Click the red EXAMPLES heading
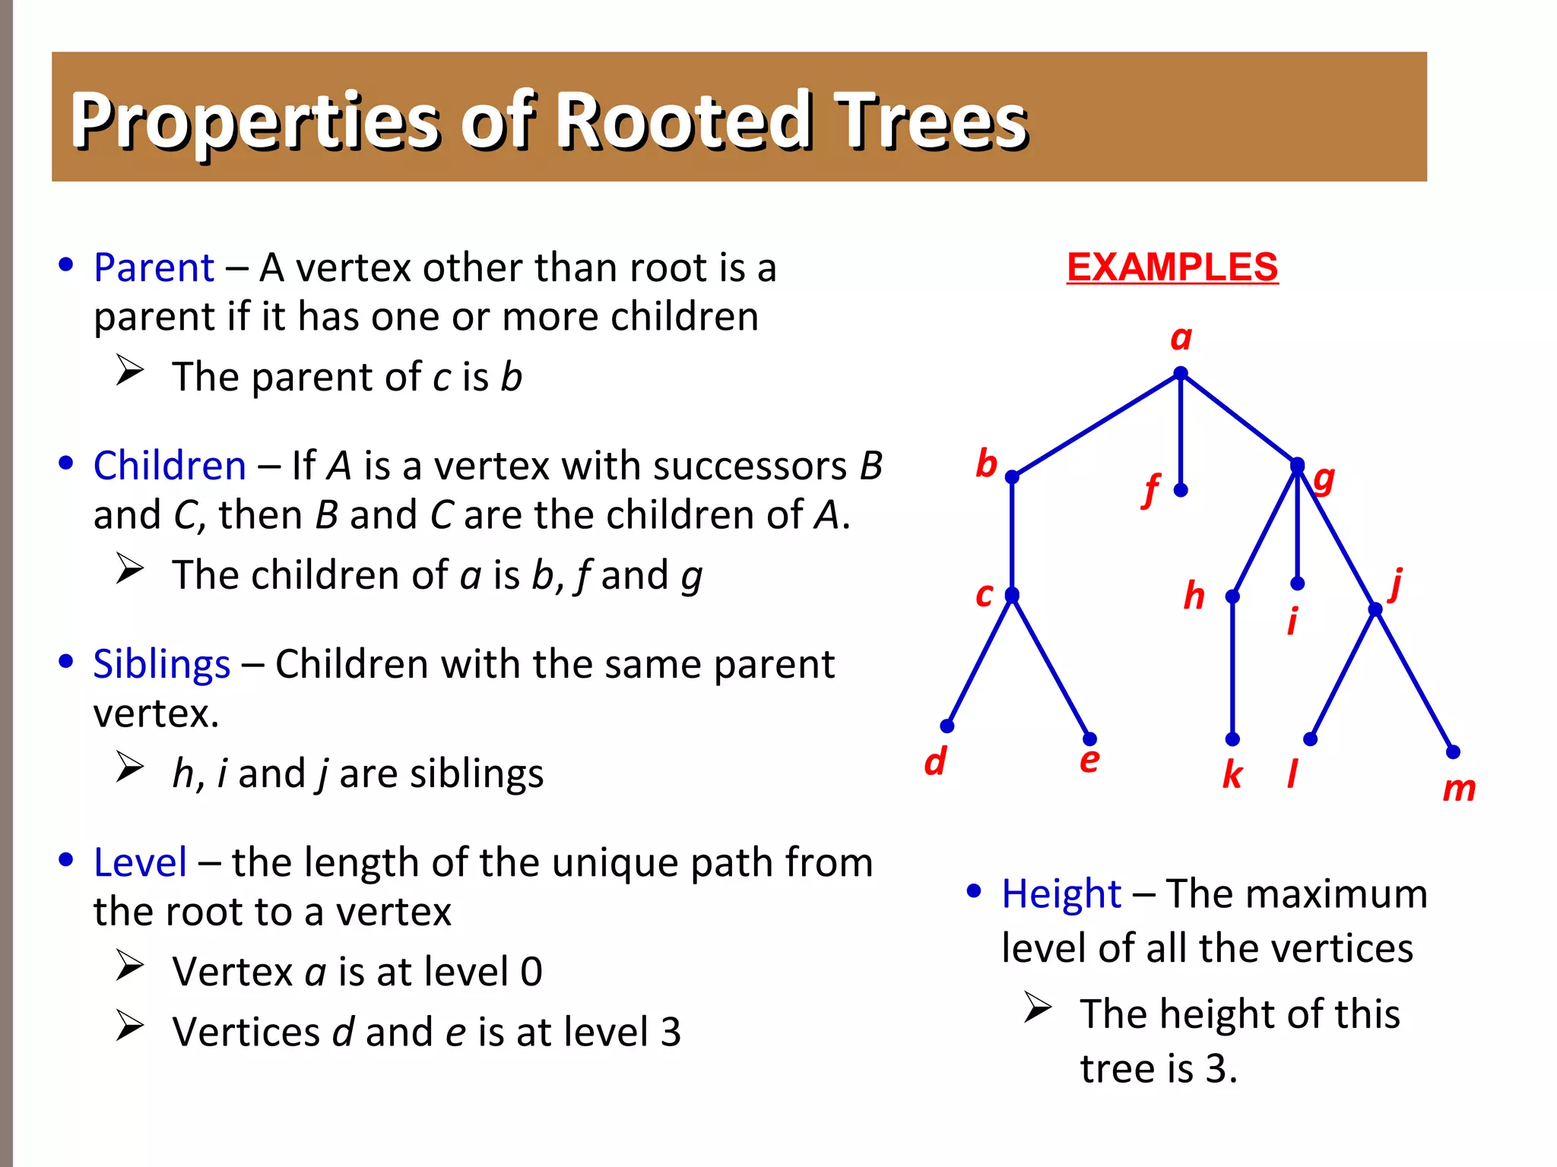(1172, 267)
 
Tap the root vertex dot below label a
(1180, 374)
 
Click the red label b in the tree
(986, 463)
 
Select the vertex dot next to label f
(1180, 491)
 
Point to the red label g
(1324, 479)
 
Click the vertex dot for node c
(1011, 595)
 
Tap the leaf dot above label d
(947, 726)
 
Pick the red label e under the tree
(1089, 761)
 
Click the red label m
(1458, 789)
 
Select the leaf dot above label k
(1232, 739)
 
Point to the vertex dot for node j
(1375, 609)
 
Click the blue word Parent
(154, 268)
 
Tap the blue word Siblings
(161, 665)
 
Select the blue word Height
(1061, 894)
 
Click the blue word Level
(140, 863)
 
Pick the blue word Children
(170, 466)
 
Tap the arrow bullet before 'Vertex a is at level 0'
(130, 966)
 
